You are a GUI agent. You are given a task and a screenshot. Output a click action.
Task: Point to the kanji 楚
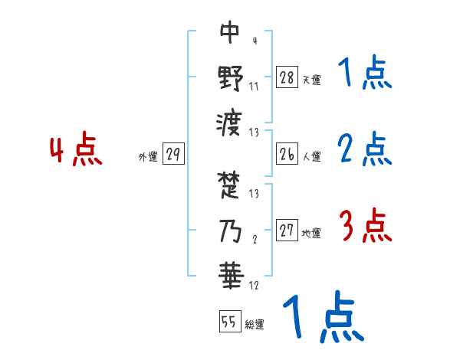pyautogui.click(x=230, y=185)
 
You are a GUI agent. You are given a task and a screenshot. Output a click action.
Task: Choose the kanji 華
pyautogui.click(x=230, y=273)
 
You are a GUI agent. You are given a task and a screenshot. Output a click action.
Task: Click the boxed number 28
pyautogui.click(x=287, y=77)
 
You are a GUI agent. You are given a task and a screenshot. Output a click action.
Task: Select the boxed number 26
pyautogui.click(x=287, y=154)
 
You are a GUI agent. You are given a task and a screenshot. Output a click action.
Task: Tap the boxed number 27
pyautogui.click(x=287, y=231)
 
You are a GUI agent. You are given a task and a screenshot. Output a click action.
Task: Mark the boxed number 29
pyautogui.click(x=172, y=155)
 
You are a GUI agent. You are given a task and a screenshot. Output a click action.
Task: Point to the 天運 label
pyautogui.click(x=311, y=80)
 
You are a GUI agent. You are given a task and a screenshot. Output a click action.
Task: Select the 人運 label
pyautogui.click(x=311, y=156)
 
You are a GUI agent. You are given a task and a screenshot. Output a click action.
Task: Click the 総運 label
pyautogui.click(x=255, y=325)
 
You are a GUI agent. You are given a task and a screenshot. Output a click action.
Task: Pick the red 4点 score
pyautogui.click(x=76, y=150)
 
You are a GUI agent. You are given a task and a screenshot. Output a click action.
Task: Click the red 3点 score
pyautogui.click(x=365, y=227)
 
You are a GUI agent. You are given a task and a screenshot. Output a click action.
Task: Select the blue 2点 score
pyautogui.click(x=365, y=151)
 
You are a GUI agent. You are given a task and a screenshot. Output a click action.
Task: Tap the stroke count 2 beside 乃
pyautogui.click(x=254, y=238)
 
